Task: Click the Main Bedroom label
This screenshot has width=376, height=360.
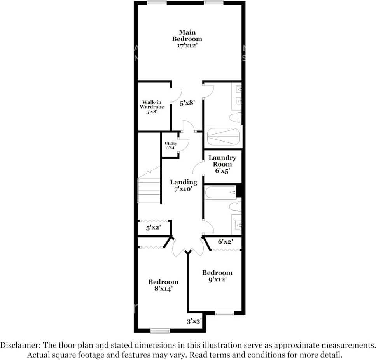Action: [x=187, y=35]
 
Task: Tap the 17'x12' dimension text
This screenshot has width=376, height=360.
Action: [x=187, y=45]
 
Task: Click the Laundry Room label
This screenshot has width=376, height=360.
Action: [x=222, y=161]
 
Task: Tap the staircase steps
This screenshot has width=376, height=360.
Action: [x=150, y=187]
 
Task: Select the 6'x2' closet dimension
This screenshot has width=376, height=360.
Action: [x=225, y=242]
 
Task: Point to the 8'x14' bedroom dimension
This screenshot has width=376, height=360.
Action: [x=163, y=289]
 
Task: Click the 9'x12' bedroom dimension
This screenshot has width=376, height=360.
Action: [x=217, y=279]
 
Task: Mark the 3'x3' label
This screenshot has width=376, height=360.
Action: [x=194, y=321]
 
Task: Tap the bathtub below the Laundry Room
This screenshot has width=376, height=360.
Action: [x=220, y=193]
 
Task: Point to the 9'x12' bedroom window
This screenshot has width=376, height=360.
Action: [x=224, y=313]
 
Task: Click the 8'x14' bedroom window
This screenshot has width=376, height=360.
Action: [x=160, y=331]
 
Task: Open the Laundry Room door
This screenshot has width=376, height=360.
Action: [x=198, y=168]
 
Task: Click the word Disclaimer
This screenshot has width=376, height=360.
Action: [x=18, y=345]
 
